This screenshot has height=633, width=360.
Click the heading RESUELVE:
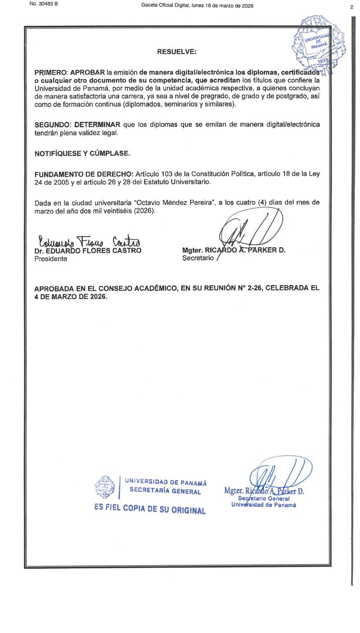click(177, 51)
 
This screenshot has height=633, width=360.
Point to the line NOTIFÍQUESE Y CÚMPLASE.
click(82, 154)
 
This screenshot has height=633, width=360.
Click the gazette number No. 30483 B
click(43, 4)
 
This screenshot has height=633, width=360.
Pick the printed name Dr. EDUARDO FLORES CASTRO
click(88, 251)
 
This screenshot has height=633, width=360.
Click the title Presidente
click(51, 259)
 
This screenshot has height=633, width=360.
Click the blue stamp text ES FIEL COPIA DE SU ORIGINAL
click(150, 509)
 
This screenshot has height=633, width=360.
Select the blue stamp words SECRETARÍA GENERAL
click(165, 491)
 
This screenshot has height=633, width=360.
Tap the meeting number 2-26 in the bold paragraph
click(254, 288)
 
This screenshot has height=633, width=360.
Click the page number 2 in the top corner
click(351, 7)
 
